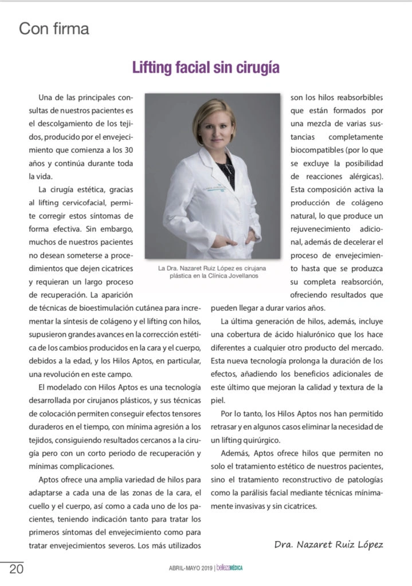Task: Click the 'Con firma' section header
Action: (x=54, y=29)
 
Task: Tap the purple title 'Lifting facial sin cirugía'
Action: (x=206, y=68)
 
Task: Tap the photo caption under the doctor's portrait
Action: (x=212, y=271)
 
